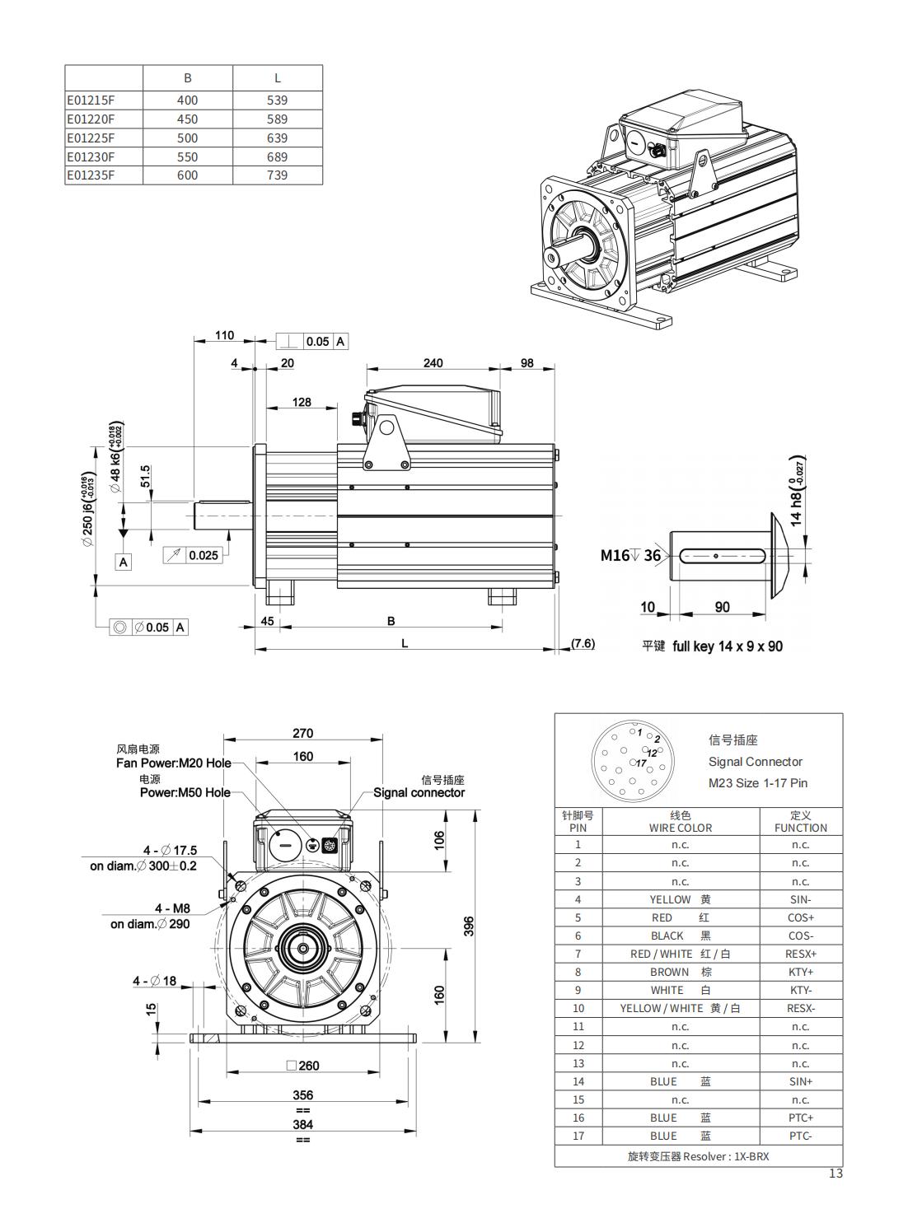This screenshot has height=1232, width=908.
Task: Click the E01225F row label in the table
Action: (91, 138)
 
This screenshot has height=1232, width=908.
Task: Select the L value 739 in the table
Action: (277, 175)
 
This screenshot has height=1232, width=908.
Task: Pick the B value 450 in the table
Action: (187, 119)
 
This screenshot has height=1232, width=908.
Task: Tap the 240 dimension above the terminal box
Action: (433, 362)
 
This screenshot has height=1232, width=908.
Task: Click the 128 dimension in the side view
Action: (302, 402)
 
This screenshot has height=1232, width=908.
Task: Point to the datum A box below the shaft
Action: (124, 562)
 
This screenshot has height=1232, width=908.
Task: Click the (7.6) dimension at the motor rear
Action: (583, 643)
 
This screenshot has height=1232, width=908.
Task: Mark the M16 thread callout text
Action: (615, 555)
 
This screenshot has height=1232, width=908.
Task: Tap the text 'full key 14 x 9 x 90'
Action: (728, 646)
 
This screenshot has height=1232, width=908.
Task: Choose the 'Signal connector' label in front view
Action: (419, 792)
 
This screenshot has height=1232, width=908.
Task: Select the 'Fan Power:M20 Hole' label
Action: (174, 763)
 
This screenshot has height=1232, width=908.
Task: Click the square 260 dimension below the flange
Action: (302, 1066)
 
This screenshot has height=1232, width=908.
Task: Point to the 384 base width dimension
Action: (302, 1124)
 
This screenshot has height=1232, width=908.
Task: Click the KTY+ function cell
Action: (800, 972)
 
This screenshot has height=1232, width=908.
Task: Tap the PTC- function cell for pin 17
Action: (800, 1136)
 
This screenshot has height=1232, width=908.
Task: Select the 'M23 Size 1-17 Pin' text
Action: (757, 783)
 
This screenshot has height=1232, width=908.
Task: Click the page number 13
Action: (835, 1174)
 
